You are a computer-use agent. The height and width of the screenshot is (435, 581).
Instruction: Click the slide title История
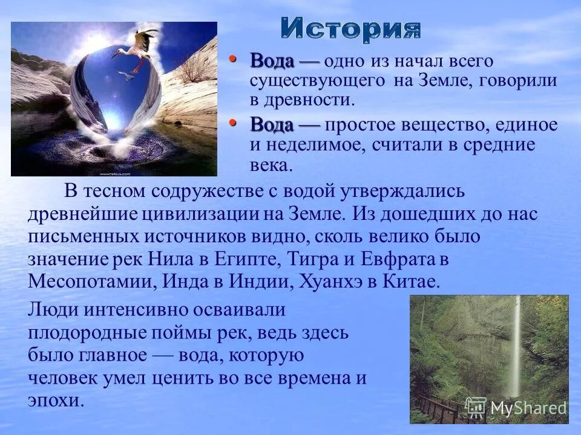coord(351,30)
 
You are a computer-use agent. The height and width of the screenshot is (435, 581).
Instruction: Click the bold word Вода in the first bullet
coord(272,61)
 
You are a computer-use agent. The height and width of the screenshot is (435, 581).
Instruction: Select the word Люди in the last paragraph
coord(49,309)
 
